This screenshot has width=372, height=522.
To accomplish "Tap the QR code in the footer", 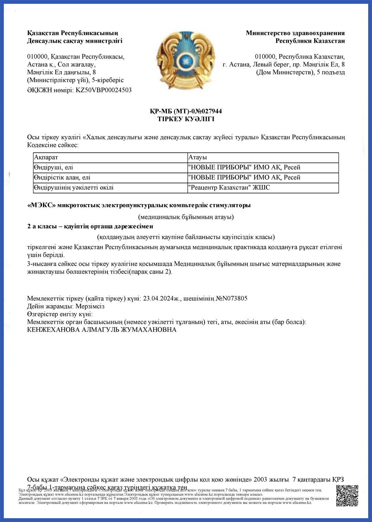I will pyautogui.click(x=347, y=495).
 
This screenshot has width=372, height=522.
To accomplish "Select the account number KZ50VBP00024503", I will pyautogui.click(x=103, y=90).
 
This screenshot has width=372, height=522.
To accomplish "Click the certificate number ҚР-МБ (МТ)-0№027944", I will pyautogui.click(x=186, y=111).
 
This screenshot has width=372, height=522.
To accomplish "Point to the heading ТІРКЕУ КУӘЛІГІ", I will pyautogui.click(x=186, y=119).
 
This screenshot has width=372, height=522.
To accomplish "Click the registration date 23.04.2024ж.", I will pyautogui.click(x=162, y=298).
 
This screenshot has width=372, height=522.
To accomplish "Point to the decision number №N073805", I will pyautogui.click(x=231, y=298).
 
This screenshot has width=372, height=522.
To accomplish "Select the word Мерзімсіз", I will pyautogui.click(x=90, y=306).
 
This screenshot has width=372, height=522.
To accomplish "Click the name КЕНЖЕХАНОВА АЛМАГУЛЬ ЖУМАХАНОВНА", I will pyautogui.click(x=102, y=330).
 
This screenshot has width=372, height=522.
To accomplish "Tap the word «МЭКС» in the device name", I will pyautogui.click(x=41, y=205).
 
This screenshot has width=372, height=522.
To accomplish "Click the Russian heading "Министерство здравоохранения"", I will pyautogui.click(x=295, y=33).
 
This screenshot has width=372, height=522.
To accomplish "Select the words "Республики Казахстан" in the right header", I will pyautogui.click(x=310, y=41).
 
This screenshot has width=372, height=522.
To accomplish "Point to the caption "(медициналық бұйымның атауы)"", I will pyautogui.click(x=186, y=217).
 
